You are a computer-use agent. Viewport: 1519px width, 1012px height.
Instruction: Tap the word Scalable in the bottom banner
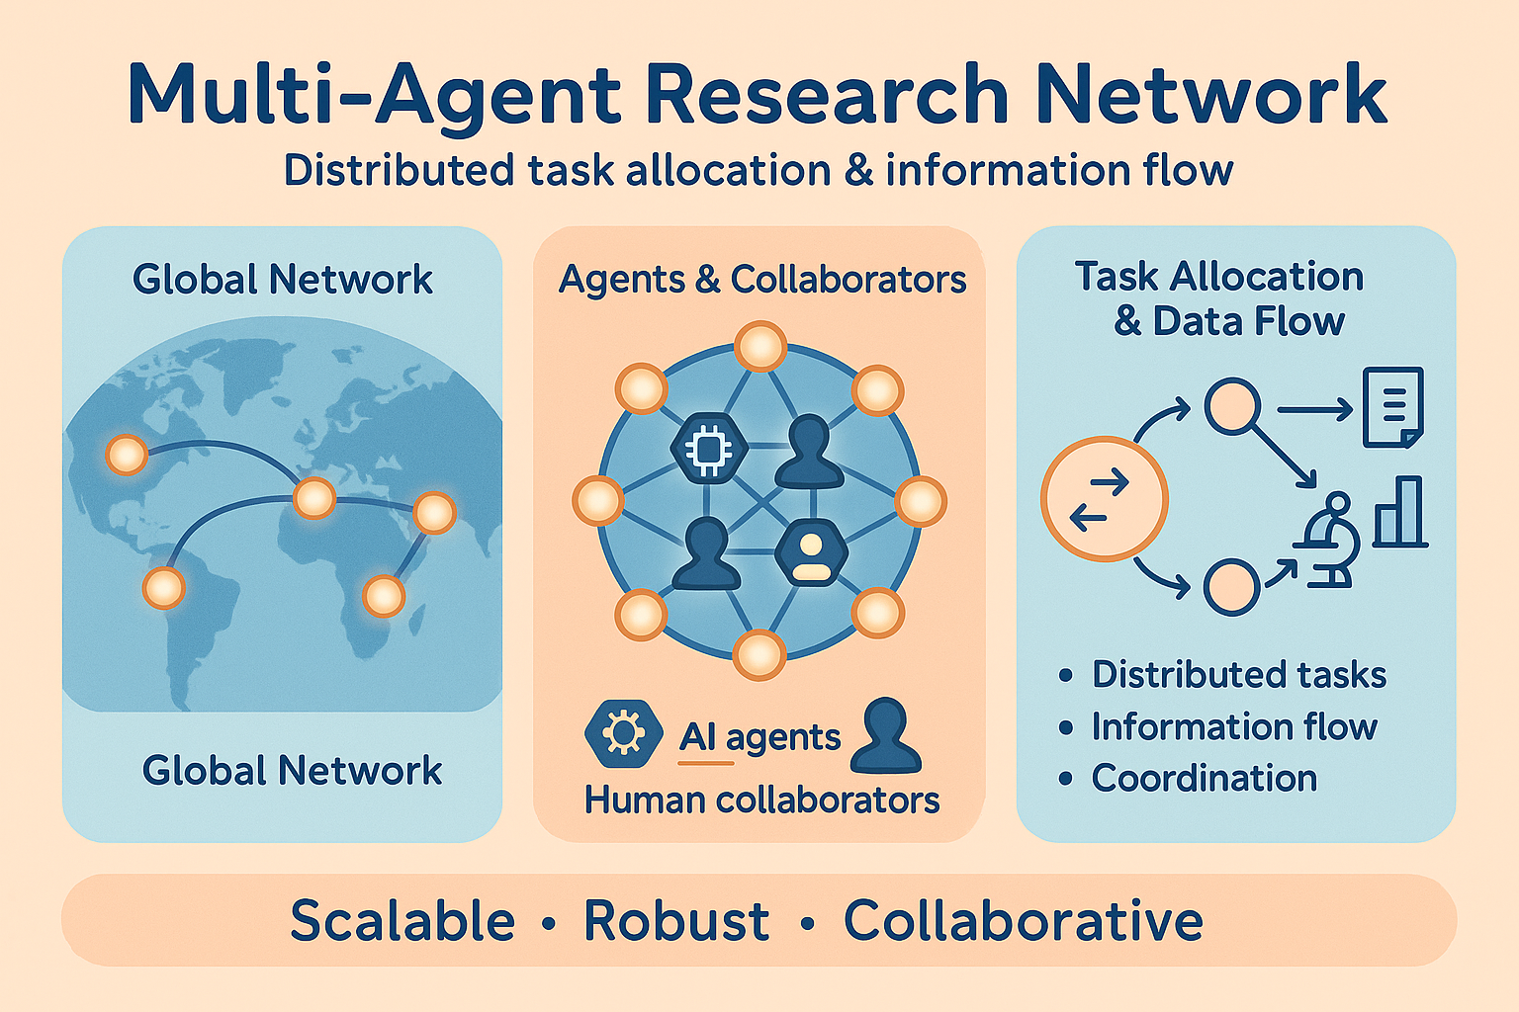click(x=402, y=921)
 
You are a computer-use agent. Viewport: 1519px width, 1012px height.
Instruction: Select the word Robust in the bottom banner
click(x=676, y=921)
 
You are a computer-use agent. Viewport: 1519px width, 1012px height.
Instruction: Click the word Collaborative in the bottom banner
click(x=1023, y=921)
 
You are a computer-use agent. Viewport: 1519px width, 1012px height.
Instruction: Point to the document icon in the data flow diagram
click(x=1392, y=407)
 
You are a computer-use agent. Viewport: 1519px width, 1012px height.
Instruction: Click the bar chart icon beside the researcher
click(x=1400, y=512)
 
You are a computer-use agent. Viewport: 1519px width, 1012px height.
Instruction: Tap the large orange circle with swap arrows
click(x=1104, y=499)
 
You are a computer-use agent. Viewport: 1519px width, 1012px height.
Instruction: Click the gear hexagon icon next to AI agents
click(x=623, y=733)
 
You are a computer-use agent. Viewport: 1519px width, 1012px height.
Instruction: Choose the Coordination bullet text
click(x=1204, y=779)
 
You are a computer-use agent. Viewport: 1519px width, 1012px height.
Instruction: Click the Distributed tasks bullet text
click(x=1238, y=675)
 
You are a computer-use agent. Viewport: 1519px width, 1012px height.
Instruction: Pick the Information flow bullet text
click(x=1233, y=727)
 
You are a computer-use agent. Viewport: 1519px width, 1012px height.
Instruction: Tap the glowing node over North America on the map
click(x=127, y=456)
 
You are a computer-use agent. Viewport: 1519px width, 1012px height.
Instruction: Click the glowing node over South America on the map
click(x=163, y=588)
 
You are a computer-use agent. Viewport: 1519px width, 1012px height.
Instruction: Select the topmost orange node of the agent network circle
click(x=760, y=348)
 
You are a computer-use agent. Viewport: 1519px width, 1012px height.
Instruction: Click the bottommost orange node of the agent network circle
click(x=759, y=655)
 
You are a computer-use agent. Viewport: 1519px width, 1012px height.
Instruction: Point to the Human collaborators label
click(x=761, y=800)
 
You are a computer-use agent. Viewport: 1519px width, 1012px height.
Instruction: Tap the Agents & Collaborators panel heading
click(x=761, y=280)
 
